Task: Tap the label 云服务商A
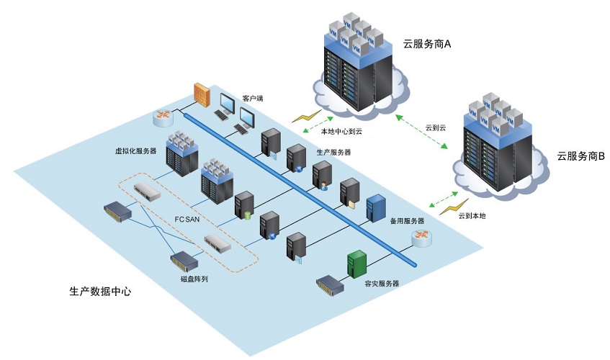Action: [x=427, y=44]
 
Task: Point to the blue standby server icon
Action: [x=375, y=208]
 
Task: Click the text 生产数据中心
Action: [x=100, y=292]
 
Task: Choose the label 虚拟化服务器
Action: [x=135, y=150]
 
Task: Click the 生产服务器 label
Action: [x=334, y=153]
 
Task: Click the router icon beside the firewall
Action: [x=163, y=116]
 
